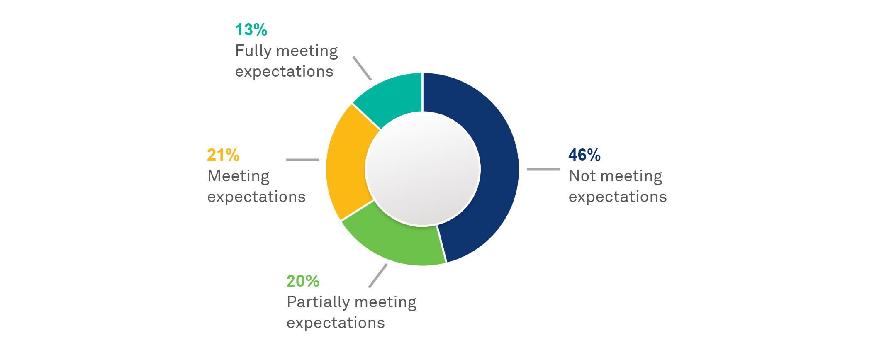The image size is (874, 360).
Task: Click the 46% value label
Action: pyautogui.click(x=584, y=155)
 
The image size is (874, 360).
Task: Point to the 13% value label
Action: pyautogui.click(x=251, y=30)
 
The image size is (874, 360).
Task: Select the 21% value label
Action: pyautogui.click(x=223, y=155)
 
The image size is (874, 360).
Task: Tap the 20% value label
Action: pyautogui.click(x=303, y=281)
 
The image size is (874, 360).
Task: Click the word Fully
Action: pyautogui.click(x=253, y=51)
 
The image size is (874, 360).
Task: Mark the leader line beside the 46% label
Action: pyautogui.click(x=543, y=169)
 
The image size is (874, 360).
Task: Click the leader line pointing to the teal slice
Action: pyautogui.click(x=362, y=68)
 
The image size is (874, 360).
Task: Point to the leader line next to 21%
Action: pyautogui.click(x=302, y=160)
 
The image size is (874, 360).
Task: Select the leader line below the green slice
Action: pyautogui.click(x=378, y=276)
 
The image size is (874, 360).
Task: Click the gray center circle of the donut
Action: pyautogui.click(x=422, y=169)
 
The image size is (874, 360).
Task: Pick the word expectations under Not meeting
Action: pyautogui.click(x=618, y=197)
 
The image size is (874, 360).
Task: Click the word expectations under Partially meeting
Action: pyautogui.click(x=336, y=324)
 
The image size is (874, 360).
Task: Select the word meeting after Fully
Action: pyautogui.click(x=307, y=51)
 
